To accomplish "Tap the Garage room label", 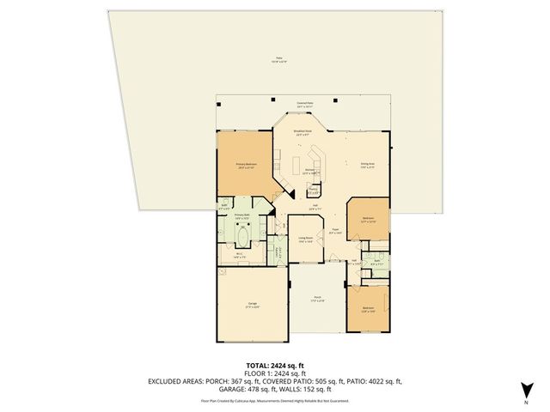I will click(x=253, y=305).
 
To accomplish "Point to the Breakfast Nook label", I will click(x=303, y=133).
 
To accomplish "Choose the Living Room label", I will click(x=304, y=240).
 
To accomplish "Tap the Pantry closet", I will click(x=314, y=192).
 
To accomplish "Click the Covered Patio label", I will click(x=304, y=104).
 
